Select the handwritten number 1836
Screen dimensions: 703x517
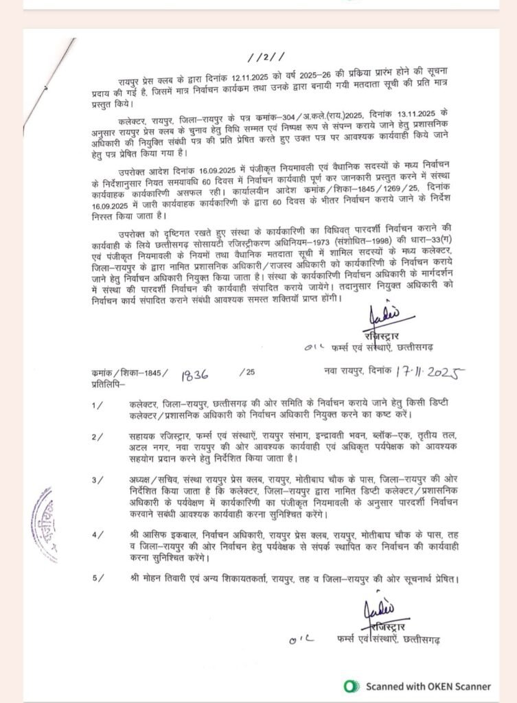click(195, 373)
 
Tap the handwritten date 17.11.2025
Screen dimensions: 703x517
click(428, 372)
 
